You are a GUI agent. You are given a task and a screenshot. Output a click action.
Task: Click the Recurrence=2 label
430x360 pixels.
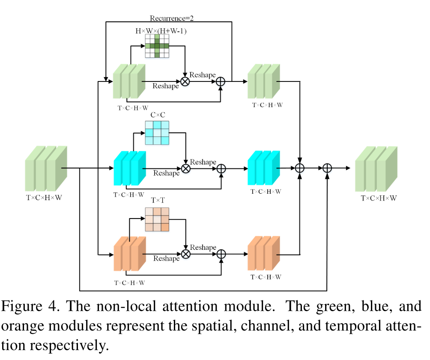tap(170, 18)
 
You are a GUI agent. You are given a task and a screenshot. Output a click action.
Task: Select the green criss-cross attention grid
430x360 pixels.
tap(157, 46)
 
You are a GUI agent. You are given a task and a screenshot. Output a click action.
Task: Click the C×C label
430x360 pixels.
tap(158, 115)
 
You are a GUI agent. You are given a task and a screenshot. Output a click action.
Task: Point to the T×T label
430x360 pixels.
tap(158, 200)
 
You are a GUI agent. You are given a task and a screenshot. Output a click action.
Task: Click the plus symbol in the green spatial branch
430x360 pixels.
tap(221, 82)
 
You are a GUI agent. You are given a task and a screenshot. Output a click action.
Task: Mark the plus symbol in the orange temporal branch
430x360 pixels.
tap(221, 254)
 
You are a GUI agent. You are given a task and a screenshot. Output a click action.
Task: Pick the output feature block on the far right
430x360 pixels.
tap(376, 168)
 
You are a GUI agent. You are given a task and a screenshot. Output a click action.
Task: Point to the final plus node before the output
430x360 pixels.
tap(327, 168)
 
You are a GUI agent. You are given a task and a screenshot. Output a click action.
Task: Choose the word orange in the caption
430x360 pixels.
tap(24, 326)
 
